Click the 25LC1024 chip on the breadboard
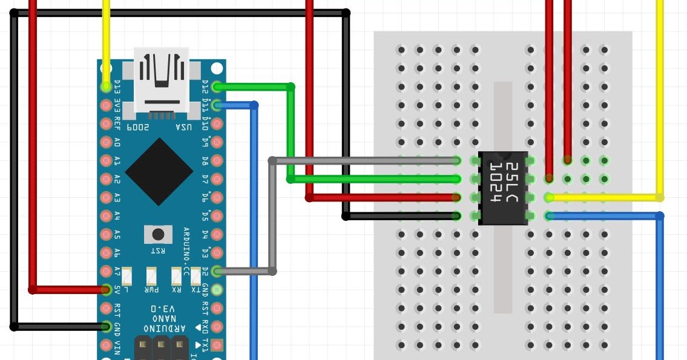tap(503, 188)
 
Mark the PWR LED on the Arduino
tap(152, 277)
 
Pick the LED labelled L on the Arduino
tap(127, 277)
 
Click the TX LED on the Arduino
tap(196, 277)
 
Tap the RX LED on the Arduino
tap(176, 277)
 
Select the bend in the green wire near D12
tap(291, 88)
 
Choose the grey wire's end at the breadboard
tap(456, 161)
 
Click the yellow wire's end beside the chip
tap(549, 197)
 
